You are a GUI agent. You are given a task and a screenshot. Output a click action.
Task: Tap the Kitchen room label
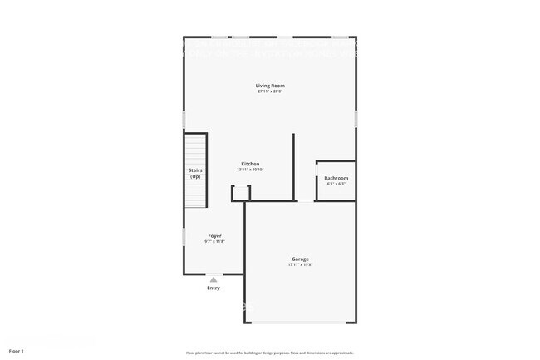click(250, 164)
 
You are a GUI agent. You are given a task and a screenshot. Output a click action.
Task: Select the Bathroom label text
click(336, 178)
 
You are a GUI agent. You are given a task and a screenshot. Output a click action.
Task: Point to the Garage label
click(300, 259)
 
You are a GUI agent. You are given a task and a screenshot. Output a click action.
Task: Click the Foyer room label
click(214, 236)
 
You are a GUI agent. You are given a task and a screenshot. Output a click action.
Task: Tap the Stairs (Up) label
click(195, 174)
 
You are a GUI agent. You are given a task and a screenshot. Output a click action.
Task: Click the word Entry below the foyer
click(214, 288)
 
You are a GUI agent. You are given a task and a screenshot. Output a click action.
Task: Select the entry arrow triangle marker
click(214, 280)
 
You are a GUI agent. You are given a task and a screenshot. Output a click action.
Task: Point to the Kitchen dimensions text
click(250, 170)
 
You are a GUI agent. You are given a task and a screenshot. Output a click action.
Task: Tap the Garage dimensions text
click(300, 265)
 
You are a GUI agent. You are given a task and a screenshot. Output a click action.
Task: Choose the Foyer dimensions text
click(214, 242)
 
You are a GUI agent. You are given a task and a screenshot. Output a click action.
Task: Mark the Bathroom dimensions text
click(336, 184)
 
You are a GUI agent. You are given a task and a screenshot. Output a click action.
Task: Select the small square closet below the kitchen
click(241, 193)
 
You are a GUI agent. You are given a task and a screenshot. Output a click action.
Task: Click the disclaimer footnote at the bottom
click(270, 352)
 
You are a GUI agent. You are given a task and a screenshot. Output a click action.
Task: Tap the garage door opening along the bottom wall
click(300, 322)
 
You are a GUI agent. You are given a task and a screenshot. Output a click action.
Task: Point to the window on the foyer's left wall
click(184, 237)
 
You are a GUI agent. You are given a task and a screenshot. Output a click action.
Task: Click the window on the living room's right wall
click(356, 119)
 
